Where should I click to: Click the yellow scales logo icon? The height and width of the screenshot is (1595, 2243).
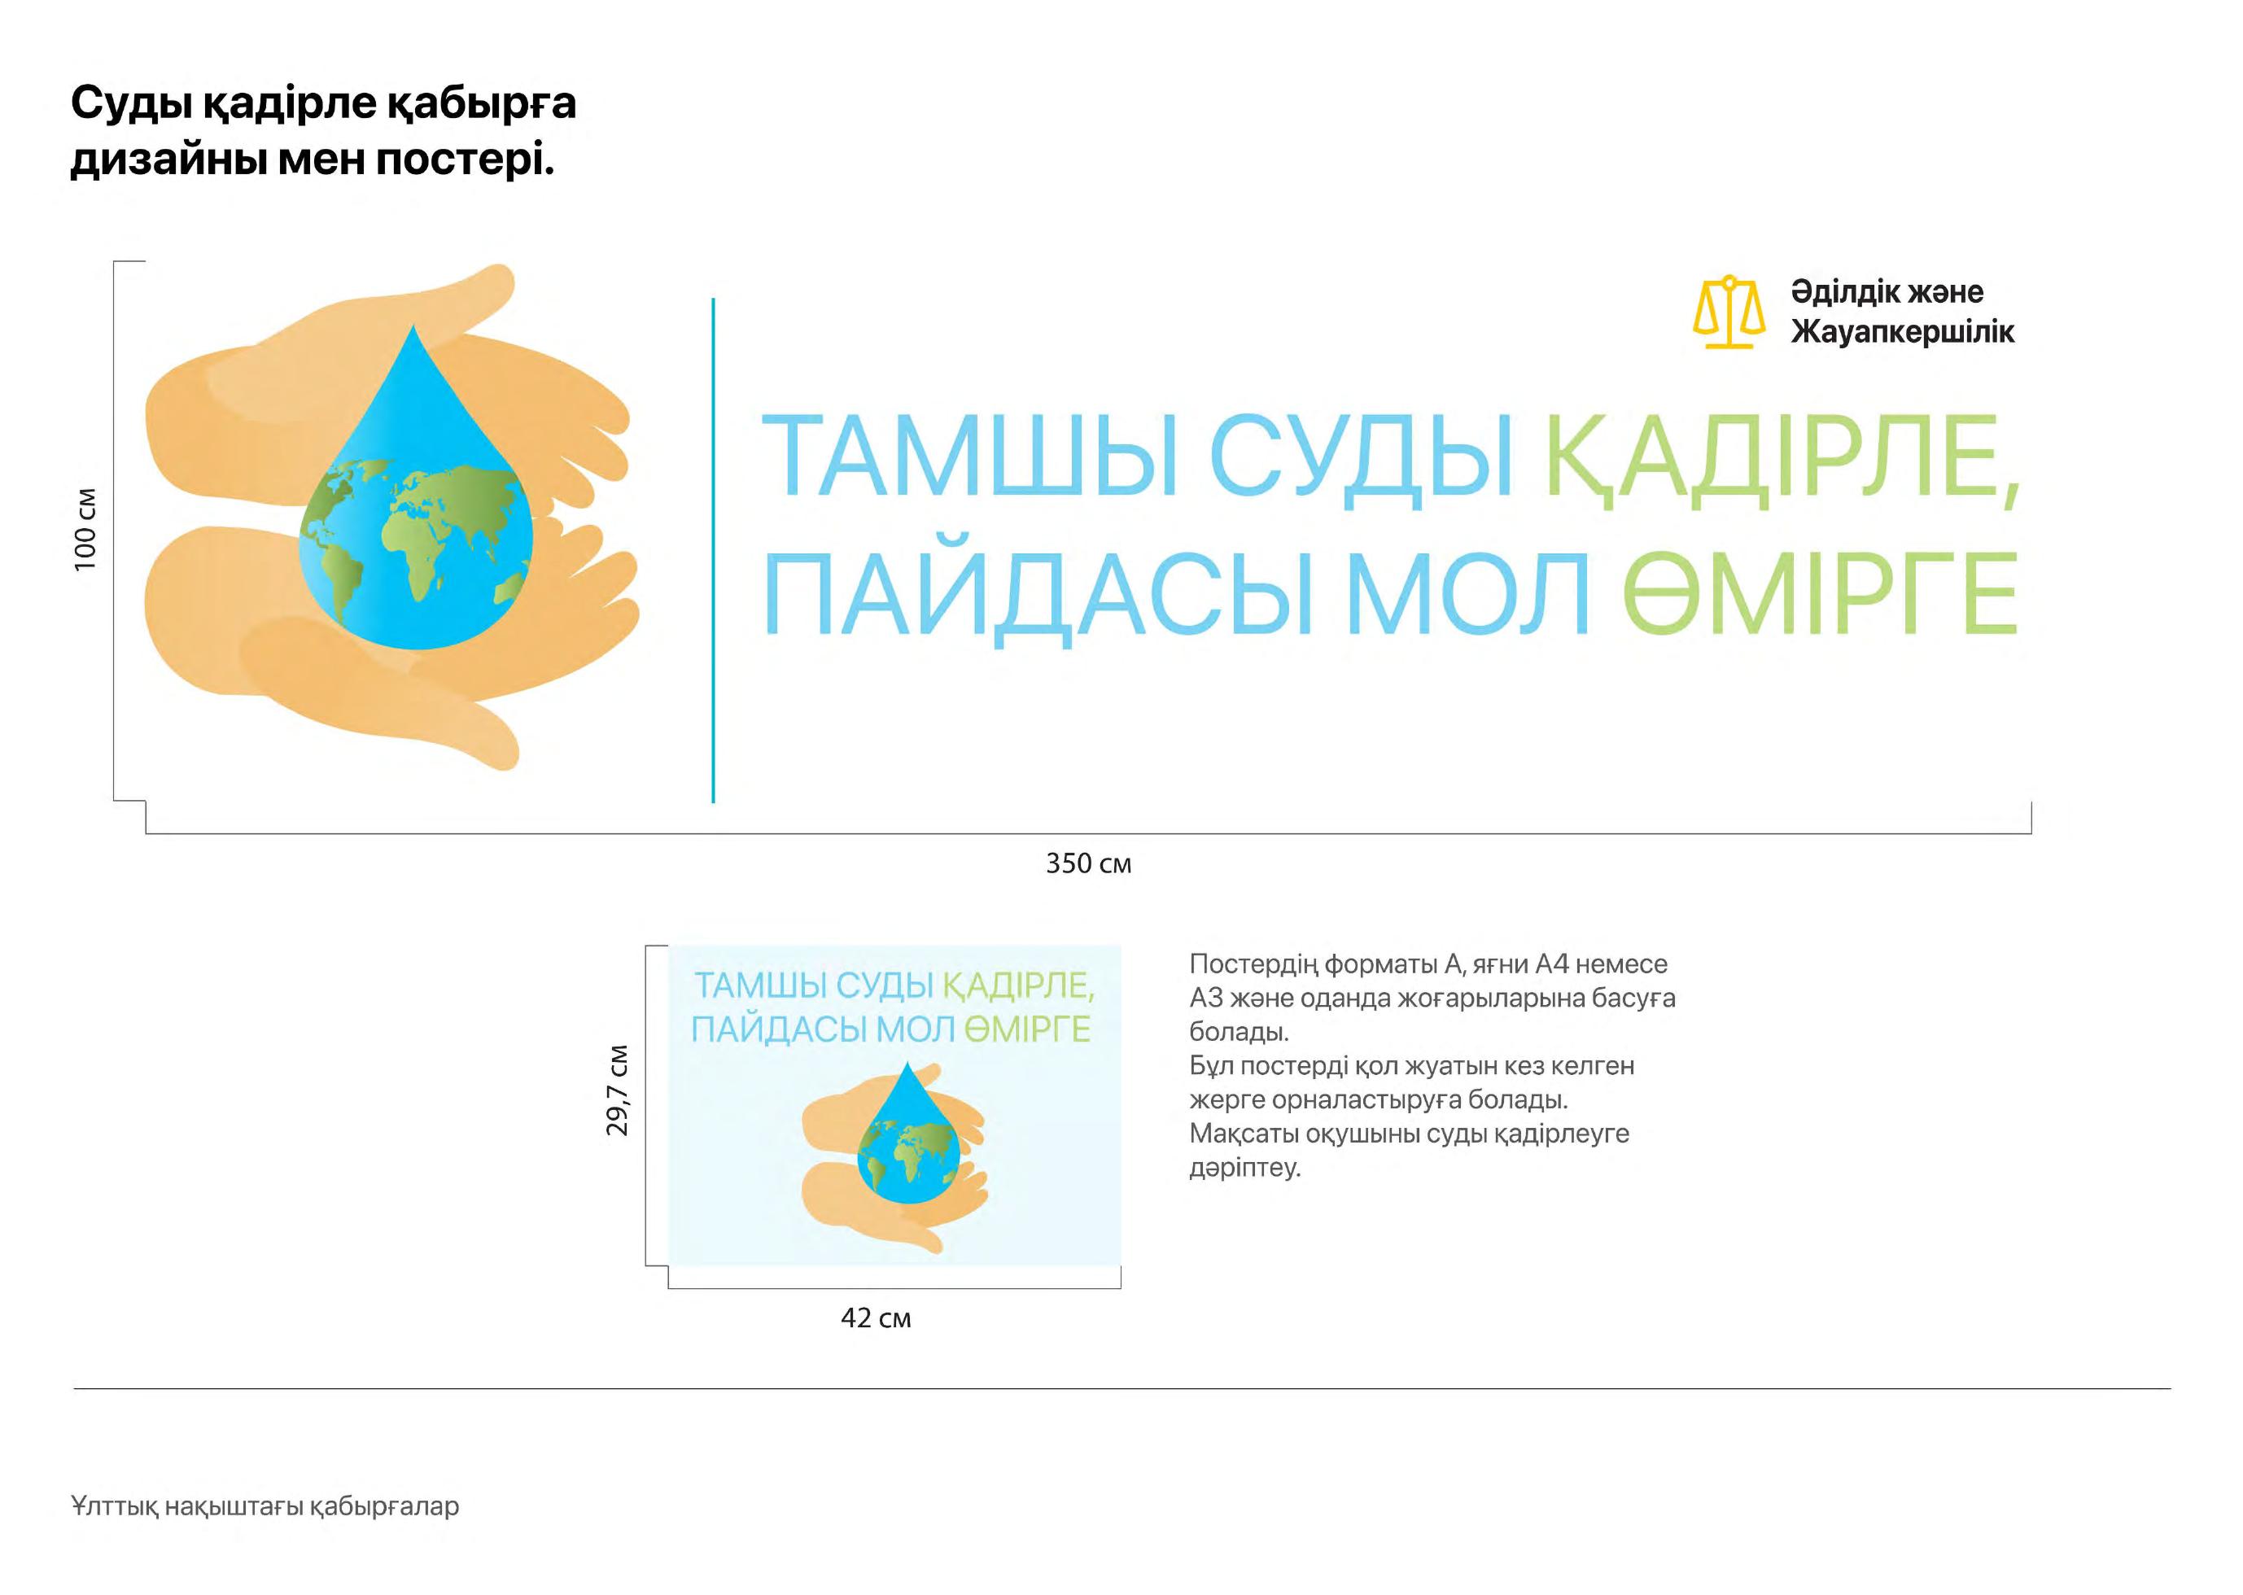coord(1729,312)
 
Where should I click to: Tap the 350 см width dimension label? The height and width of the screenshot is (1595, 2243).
coord(1088,863)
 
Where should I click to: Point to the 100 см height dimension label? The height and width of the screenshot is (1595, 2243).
coord(86,530)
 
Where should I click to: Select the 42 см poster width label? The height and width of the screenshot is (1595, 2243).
coord(876,1318)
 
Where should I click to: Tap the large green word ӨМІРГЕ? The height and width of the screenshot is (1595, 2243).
coord(1820,594)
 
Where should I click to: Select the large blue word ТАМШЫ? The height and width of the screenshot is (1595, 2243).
coord(971,457)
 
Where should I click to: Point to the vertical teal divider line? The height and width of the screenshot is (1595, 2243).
coord(713,550)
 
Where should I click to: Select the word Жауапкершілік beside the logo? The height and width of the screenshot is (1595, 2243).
coord(1902,332)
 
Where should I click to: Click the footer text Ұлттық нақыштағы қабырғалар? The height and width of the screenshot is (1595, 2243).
coord(265,1505)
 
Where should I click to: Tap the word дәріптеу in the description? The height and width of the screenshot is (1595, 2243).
coord(1245,1169)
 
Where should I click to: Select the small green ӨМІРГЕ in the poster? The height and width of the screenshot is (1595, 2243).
coord(1027,1029)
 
